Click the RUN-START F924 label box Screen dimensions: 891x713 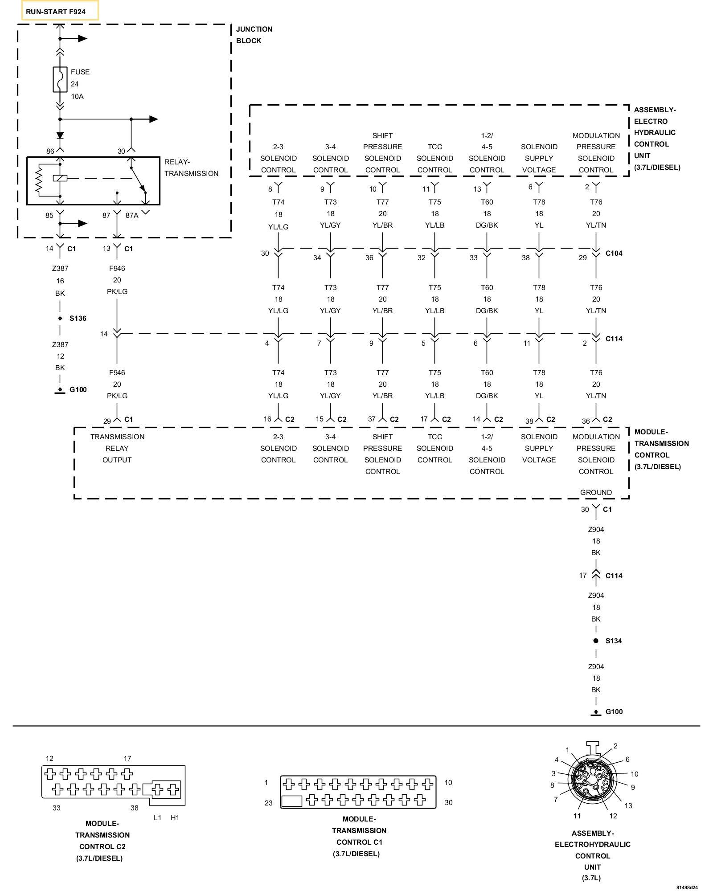(60, 11)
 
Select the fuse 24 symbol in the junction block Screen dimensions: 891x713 (60, 80)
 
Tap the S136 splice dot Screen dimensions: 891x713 (60, 319)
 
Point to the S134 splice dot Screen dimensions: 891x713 (596, 641)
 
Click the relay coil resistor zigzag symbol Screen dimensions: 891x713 (39, 180)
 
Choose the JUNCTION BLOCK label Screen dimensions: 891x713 (254, 35)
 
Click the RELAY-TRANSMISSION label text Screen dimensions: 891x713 (191, 168)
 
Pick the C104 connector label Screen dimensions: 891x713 (614, 253)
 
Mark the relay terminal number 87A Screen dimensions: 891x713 (132, 216)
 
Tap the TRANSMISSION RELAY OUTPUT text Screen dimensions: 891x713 (117, 448)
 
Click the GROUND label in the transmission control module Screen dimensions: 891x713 (596, 492)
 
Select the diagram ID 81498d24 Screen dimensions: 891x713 (687, 887)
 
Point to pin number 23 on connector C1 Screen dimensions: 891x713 (268, 803)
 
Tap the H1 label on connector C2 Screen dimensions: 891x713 (175, 817)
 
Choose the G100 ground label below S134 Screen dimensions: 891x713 (614, 711)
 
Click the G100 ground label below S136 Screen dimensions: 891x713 (78, 389)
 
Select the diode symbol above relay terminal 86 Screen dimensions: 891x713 (60, 135)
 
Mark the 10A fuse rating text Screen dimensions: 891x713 (77, 96)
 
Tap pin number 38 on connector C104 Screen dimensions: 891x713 (526, 257)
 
